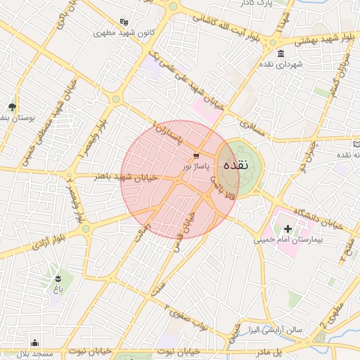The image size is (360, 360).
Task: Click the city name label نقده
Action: (234, 166)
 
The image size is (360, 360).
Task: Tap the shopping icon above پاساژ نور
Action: (195, 155)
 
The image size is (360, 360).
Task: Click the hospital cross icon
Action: (287, 229)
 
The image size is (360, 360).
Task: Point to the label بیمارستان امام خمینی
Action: (288, 240)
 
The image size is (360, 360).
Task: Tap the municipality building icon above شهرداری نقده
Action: (281, 54)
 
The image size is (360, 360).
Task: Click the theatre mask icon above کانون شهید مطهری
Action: (124, 22)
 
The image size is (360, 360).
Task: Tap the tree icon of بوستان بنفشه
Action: (13, 107)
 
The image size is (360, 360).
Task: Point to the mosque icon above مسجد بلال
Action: (35, 343)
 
